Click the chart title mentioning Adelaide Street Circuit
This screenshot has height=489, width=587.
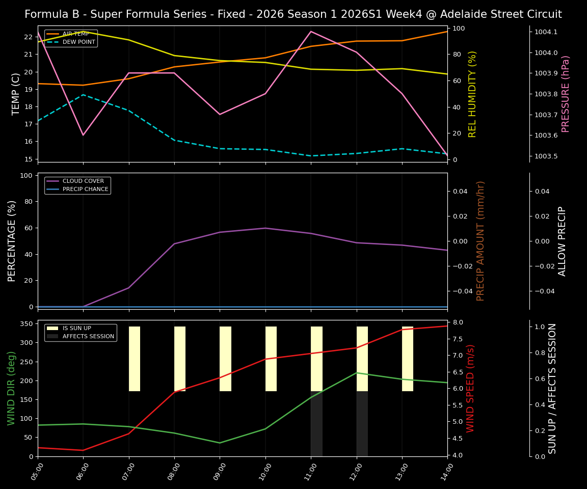[293, 14]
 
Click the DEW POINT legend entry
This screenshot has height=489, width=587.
[78, 42]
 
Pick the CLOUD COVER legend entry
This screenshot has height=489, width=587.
[83, 181]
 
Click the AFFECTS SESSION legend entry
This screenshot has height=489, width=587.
[88, 336]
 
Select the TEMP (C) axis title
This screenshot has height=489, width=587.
[16, 94]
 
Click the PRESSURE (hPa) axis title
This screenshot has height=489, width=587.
[566, 94]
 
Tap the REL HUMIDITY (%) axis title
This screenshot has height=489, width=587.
[472, 94]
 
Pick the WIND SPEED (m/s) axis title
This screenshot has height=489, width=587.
[470, 388]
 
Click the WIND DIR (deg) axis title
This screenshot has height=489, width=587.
[11, 388]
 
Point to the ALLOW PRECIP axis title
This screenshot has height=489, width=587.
[562, 241]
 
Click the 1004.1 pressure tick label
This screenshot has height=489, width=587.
[546, 32]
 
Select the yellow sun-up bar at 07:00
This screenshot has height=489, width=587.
[135, 359]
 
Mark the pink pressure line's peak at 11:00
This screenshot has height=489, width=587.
[311, 32]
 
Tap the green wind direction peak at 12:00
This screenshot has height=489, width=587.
[357, 372]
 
